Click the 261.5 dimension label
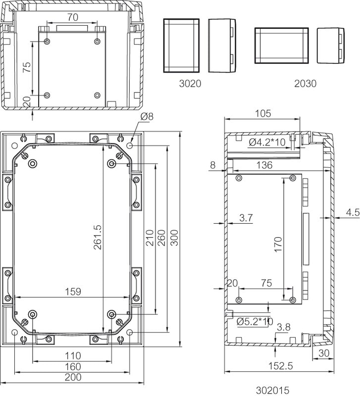tap(98, 238)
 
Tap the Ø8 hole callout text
tap(147, 116)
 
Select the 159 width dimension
tap(73, 292)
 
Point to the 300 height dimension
tap(174, 238)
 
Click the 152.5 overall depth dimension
tap(280, 366)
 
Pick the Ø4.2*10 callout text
tap(267, 143)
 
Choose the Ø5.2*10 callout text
tap(255, 321)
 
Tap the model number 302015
tap(272, 390)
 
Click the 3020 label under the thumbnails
tap(190, 84)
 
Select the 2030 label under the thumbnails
tap(305, 84)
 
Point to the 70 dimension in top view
tap(73, 17)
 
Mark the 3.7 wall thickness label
tap(246, 218)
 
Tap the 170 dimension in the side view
tap(278, 244)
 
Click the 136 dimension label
tap(264, 165)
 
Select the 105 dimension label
tap(263, 114)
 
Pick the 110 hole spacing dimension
tap(73, 356)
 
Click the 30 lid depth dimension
tap(324, 353)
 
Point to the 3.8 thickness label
tap(283, 327)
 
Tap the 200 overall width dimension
tap(73, 377)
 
